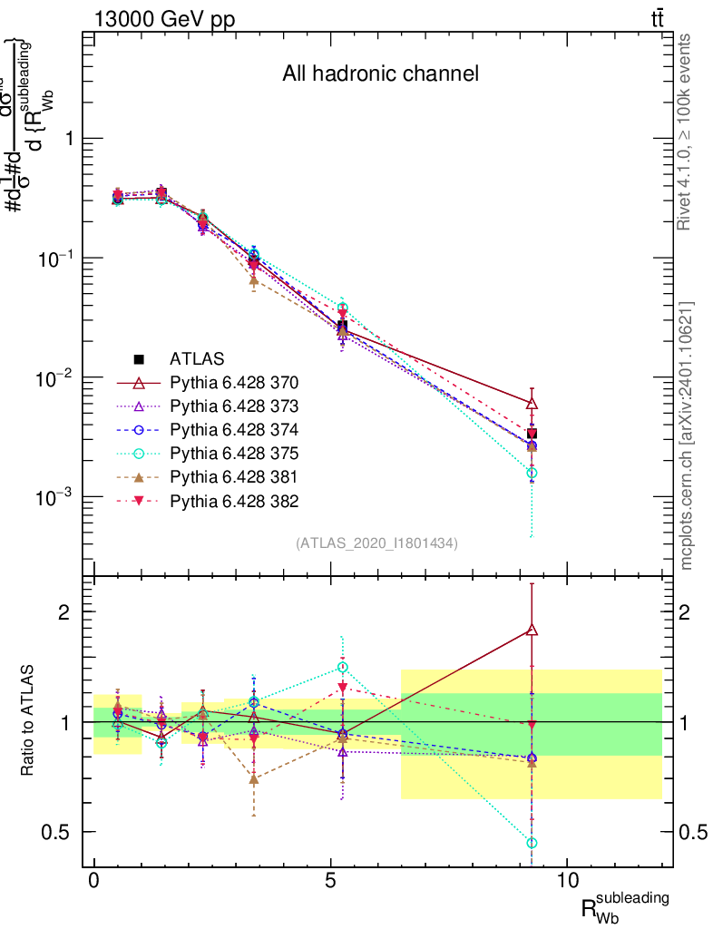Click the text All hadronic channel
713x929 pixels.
380,74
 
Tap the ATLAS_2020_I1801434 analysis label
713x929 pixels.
376,543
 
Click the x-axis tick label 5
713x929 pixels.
331,881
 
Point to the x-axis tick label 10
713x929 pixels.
567,881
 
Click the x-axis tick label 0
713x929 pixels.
94,881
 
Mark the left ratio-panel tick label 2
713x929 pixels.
64,611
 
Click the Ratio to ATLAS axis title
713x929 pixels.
29,721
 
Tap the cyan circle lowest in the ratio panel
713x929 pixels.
532,843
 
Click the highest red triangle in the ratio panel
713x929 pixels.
532,630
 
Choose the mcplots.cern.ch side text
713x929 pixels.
687,435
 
